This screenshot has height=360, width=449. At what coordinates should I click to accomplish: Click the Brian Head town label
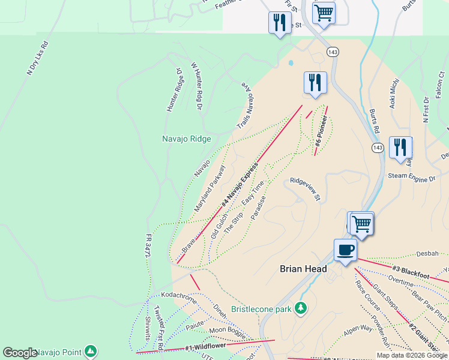[303, 269]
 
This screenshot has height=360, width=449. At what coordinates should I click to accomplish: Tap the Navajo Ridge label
[187, 139]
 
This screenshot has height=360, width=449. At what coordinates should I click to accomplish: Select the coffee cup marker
[346, 250]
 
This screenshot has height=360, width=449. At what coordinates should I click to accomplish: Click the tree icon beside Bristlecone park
[301, 308]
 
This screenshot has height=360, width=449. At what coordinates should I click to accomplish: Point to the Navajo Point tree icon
[90, 351]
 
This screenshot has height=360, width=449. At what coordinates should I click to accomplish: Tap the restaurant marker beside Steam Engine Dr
[400, 148]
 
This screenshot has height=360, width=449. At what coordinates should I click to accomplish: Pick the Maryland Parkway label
[209, 190]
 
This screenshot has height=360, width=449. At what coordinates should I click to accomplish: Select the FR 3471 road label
[147, 246]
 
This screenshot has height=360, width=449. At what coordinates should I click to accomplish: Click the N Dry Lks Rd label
[37, 58]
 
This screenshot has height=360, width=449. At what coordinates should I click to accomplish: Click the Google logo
[20, 353]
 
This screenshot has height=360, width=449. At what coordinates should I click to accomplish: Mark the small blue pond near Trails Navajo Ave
[291, 62]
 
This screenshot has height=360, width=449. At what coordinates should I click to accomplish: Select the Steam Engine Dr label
[411, 178]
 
